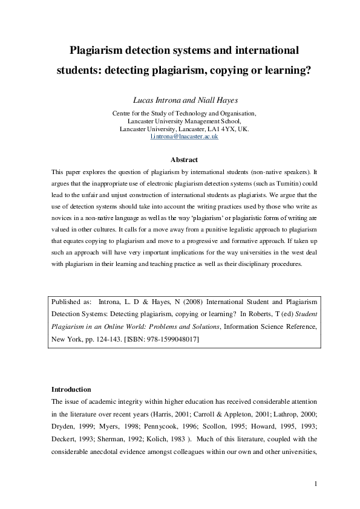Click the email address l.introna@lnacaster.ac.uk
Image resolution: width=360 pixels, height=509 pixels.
pos(185,137)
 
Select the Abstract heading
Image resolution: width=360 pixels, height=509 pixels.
pos(184,160)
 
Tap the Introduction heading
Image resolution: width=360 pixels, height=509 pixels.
pos(71,389)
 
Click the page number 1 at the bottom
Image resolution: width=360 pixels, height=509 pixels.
pos(316,484)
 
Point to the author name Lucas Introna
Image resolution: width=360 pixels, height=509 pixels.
pos(154,100)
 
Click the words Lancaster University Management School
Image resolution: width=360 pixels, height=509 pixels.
pos(185,121)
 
